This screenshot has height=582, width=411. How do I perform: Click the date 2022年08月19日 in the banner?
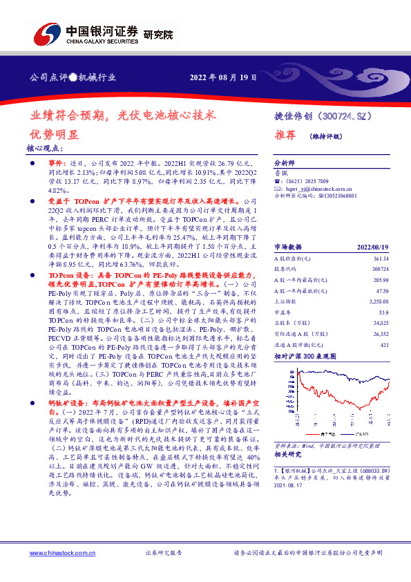click(x=223, y=77)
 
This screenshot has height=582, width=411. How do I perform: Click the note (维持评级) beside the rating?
click(x=327, y=136)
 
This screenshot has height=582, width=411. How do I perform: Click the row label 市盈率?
click(x=283, y=312)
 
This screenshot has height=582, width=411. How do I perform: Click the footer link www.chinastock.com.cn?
click(x=58, y=554)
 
